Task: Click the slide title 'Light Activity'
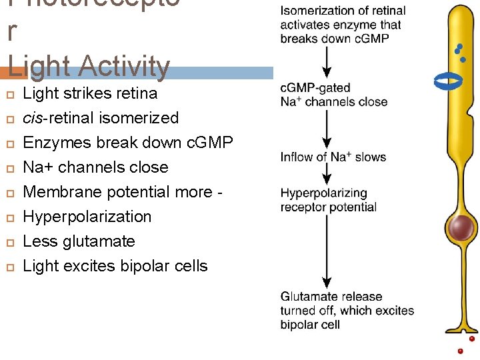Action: click(89, 66)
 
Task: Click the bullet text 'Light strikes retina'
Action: click(90, 93)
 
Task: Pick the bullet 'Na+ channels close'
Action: click(95, 167)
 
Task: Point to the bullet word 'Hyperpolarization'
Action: click(87, 217)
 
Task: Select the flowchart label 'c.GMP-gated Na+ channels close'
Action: click(333, 95)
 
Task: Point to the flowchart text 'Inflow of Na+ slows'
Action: click(333, 157)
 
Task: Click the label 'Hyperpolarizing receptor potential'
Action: click(328, 200)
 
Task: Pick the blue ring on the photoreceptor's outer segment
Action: click(448, 81)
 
